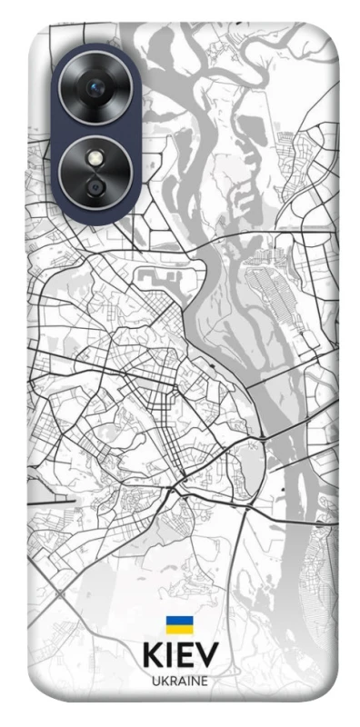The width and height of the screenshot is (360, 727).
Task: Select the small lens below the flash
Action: pos(95,186)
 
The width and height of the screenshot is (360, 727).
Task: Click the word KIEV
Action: pos(179,656)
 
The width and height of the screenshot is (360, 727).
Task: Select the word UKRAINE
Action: pos(179,681)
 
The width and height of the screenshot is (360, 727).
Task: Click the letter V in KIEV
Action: pos(206,656)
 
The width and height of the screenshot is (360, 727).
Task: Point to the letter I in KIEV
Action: pos(169,656)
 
